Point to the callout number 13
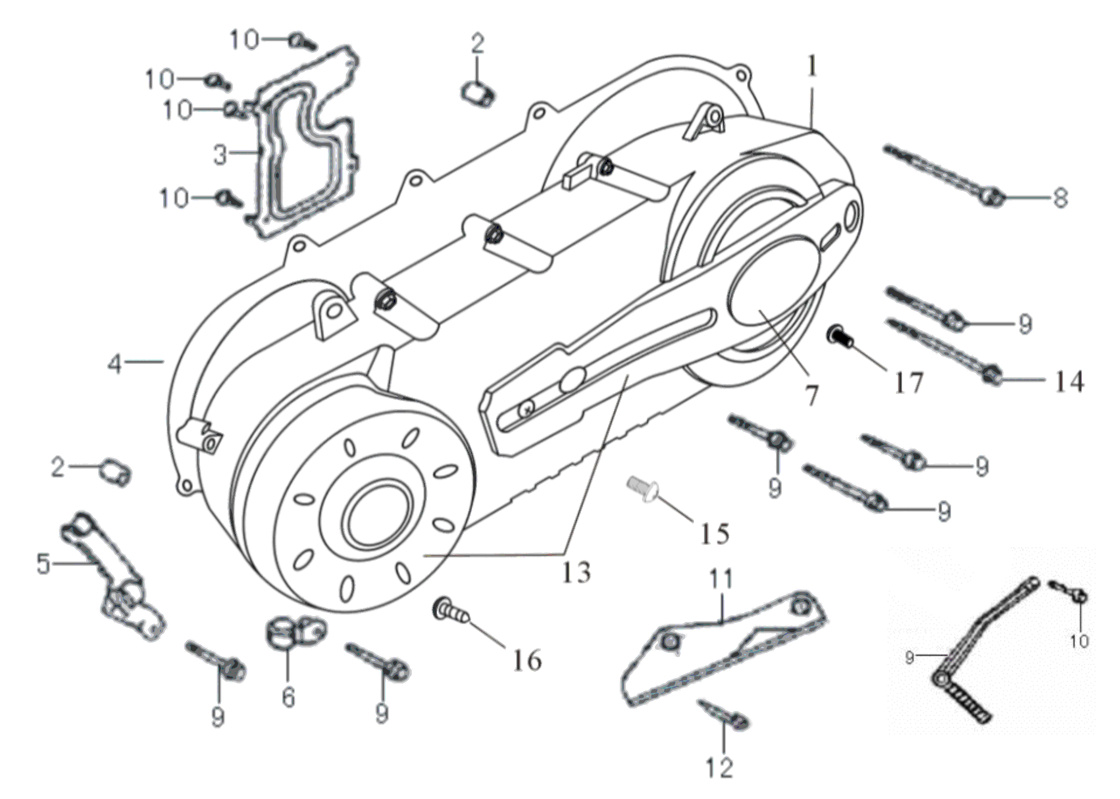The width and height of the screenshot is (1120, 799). tap(576, 572)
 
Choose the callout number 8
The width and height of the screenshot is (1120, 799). tap(1060, 198)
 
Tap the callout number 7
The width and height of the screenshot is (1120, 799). tap(810, 396)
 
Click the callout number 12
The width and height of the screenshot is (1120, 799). tap(719, 767)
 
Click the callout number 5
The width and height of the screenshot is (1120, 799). tap(44, 564)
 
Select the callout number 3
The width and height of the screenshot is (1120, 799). tap(220, 155)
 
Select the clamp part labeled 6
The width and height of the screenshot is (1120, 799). tap(295, 631)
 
